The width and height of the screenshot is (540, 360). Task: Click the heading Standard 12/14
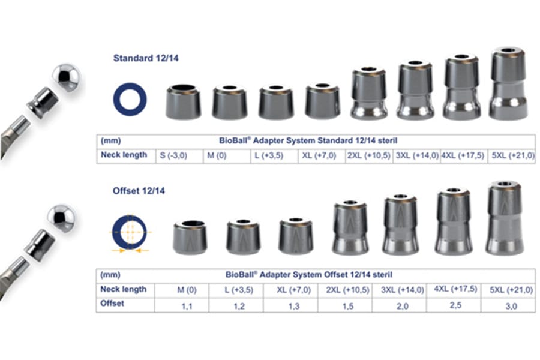click(x=146, y=58)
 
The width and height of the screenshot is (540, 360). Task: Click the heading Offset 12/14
click(x=139, y=191)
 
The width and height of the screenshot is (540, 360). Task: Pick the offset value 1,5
click(x=348, y=306)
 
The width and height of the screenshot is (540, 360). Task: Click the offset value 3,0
click(x=511, y=306)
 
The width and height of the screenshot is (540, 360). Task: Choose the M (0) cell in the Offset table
click(x=187, y=290)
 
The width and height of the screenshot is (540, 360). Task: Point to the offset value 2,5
click(x=455, y=305)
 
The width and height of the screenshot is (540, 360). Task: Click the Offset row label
click(x=112, y=304)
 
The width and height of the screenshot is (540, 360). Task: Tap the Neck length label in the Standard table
click(x=124, y=155)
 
